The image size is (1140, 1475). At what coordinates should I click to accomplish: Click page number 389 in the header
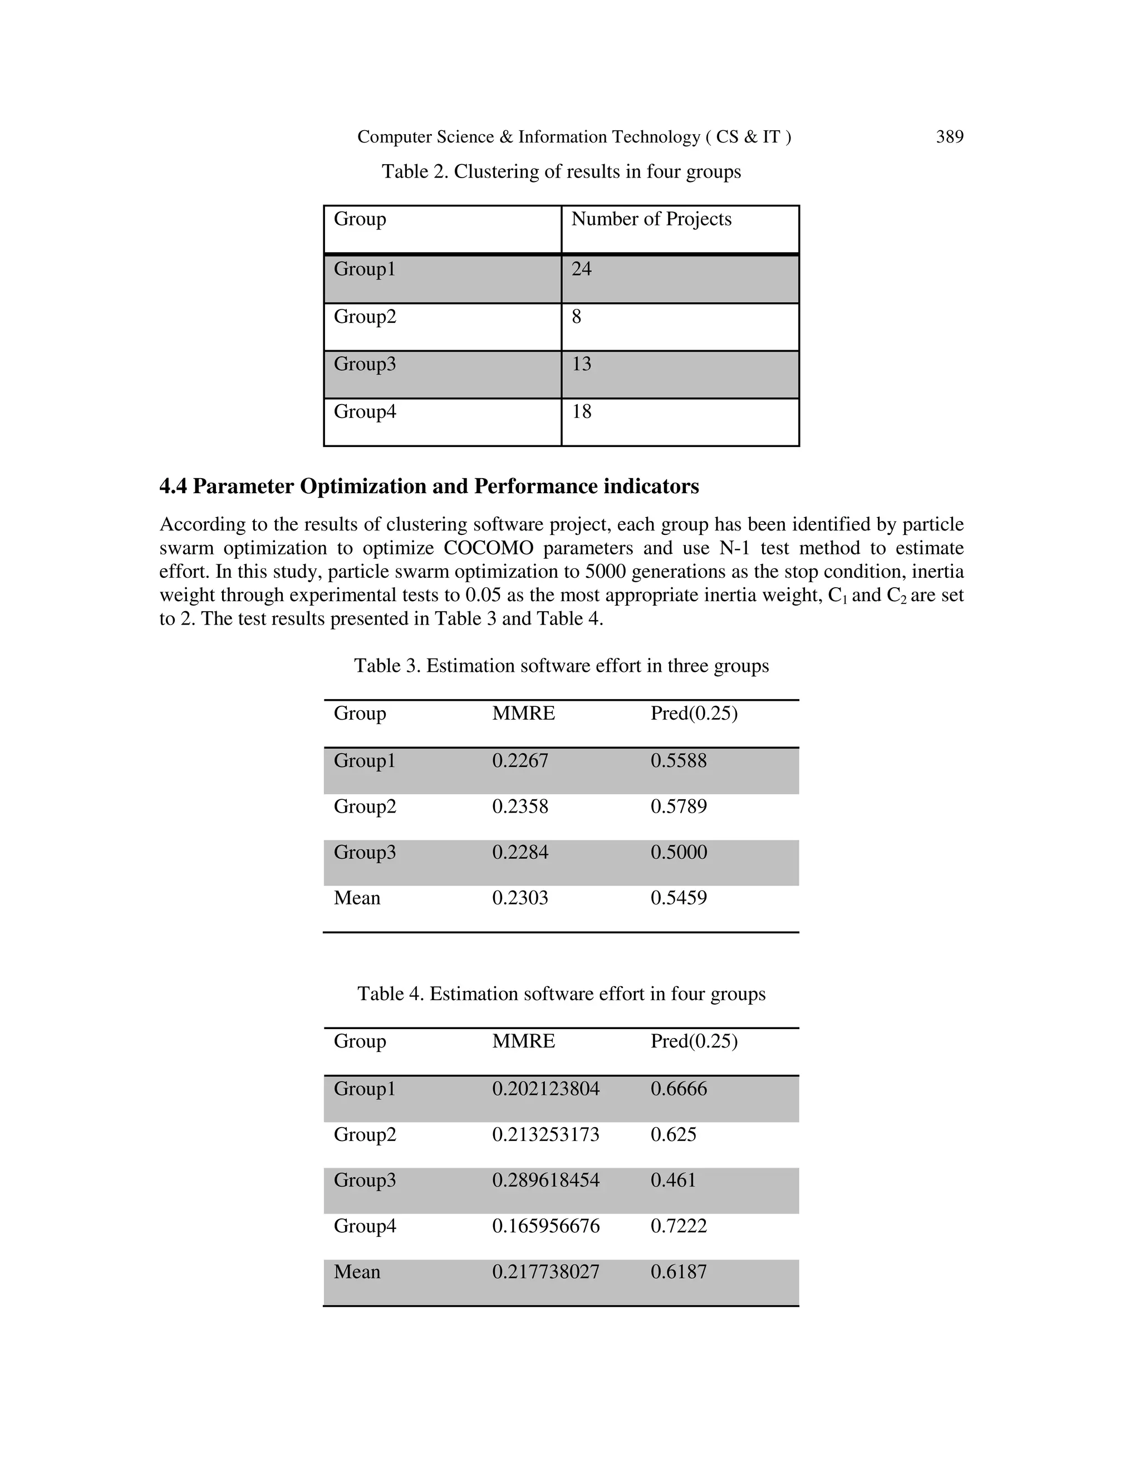[x=949, y=137]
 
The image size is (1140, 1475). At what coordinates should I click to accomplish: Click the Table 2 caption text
[x=561, y=171]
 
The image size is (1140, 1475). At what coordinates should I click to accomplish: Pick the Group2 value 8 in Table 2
[x=576, y=317]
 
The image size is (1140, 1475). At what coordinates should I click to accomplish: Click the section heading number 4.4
[x=173, y=486]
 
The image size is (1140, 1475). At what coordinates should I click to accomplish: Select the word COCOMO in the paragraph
[x=488, y=548]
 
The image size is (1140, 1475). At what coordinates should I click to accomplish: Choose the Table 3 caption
[x=561, y=666]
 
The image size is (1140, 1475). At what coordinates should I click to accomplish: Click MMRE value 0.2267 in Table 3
[x=520, y=760]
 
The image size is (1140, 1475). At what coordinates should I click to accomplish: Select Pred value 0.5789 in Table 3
[x=678, y=807]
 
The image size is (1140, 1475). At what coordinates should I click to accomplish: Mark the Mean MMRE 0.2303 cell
[x=520, y=898]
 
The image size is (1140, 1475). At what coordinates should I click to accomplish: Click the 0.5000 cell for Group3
[x=678, y=852]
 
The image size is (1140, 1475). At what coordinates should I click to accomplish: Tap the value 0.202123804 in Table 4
[x=545, y=1089]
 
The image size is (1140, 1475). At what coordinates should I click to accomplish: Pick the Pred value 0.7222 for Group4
[x=678, y=1226]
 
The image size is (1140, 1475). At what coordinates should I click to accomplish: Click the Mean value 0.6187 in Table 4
[x=678, y=1272]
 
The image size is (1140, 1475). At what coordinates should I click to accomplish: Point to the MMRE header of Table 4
[x=523, y=1041]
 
